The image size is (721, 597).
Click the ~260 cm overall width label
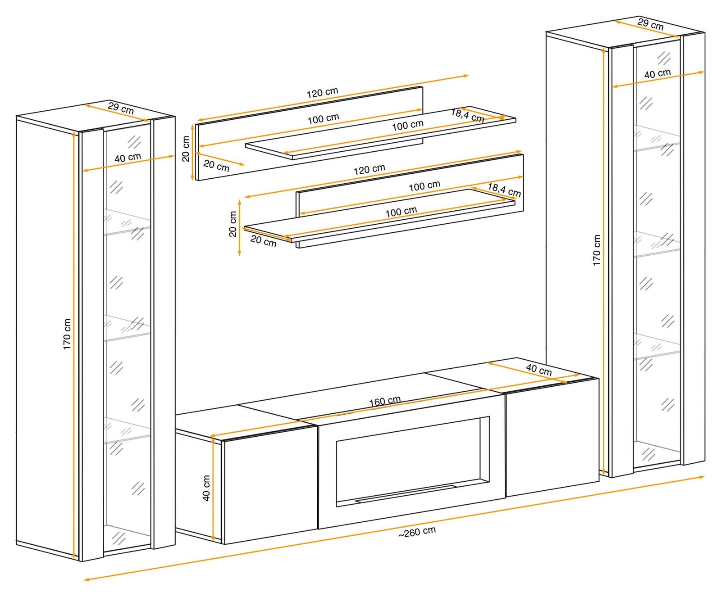pyautogui.click(x=417, y=532)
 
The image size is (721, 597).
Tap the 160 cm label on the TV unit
pyautogui.click(x=385, y=401)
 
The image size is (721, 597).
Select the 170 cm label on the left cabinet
pyautogui.click(x=67, y=334)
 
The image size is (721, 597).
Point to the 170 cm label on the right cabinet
pyautogui.click(x=597, y=250)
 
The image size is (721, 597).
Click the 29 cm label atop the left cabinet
pyautogui.click(x=121, y=108)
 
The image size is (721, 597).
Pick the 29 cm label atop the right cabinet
pyautogui.click(x=650, y=24)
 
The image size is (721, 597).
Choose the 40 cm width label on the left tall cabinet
pyautogui.click(x=128, y=158)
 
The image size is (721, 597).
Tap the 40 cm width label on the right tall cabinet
pyautogui.click(x=657, y=73)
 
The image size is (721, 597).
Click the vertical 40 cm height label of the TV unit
pyautogui.click(x=206, y=488)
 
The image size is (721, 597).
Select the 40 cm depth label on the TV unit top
pyautogui.click(x=538, y=370)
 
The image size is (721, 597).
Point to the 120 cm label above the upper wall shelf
pyautogui.click(x=322, y=93)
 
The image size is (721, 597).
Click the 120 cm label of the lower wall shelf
pyautogui.click(x=369, y=169)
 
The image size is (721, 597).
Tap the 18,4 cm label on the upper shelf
pyautogui.click(x=468, y=116)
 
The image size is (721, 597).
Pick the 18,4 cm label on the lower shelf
pyautogui.click(x=504, y=190)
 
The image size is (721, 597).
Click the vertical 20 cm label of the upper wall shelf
pyautogui.click(x=186, y=149)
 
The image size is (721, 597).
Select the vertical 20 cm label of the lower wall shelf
pyautogui.click(x=233, y=224)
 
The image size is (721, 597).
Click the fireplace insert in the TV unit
pyautogui.click(x=412, y=461)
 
